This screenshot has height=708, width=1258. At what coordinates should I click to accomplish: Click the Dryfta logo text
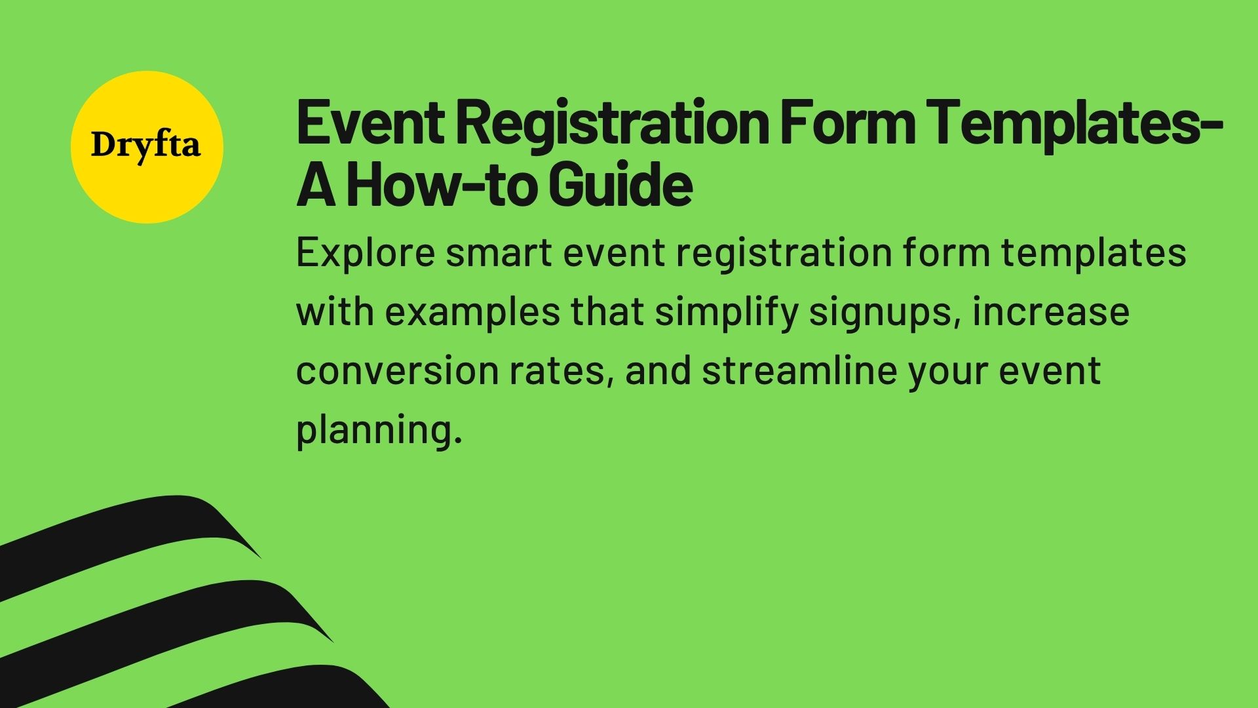click(146, 146)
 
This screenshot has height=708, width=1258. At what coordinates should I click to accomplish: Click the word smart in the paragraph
click(499, 253)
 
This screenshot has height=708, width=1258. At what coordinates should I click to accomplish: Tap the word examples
click(472, 312)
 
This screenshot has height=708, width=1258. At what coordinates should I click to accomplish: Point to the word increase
click(1051, 312)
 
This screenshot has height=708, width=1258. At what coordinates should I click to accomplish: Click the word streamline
click(799, 371)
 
